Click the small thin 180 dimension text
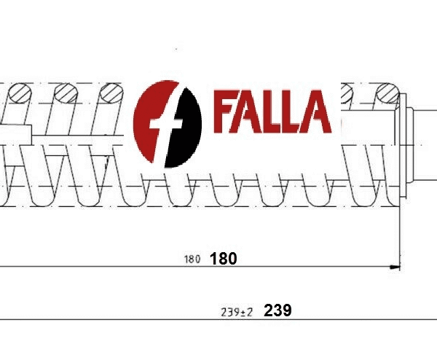click(x=192, y=259)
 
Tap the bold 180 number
click(x=224, y=258)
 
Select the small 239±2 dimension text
click(x=236, y=312)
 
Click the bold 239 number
click(x=278, y=310)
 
